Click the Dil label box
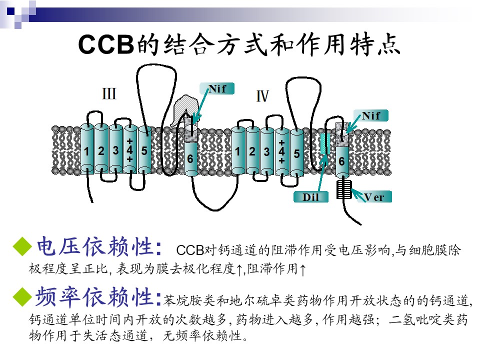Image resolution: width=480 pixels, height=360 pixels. (x=311, y=197)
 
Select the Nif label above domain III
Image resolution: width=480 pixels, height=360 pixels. (x=217, y=89)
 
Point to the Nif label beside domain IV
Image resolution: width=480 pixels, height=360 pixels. (x=371, y=116)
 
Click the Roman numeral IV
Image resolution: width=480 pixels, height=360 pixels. (x=262, y=96)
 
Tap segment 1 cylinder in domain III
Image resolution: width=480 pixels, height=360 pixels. (x=87, y=149)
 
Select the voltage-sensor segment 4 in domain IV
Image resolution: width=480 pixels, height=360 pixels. (x=282, y=151)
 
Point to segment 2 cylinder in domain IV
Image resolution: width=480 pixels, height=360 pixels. (x=253, y=151)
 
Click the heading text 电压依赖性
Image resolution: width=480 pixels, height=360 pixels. (x=95, y=246)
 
